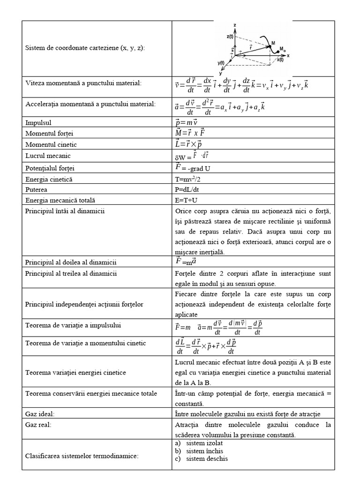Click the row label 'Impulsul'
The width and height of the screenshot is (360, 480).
pyautogui.click(x=39, y=123)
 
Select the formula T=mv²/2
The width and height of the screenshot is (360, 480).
pyautogui.click(x=189, y=180)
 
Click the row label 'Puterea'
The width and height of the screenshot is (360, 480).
pyautogui.click(x=38, y=190)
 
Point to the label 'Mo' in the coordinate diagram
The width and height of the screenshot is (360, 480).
pyautogui.click(x=282, y=49)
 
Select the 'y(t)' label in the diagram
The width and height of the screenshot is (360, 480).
pyautogui.click(x=222, y=62)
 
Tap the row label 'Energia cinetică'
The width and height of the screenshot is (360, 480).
pyautogui.click(x=49, y=180)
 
